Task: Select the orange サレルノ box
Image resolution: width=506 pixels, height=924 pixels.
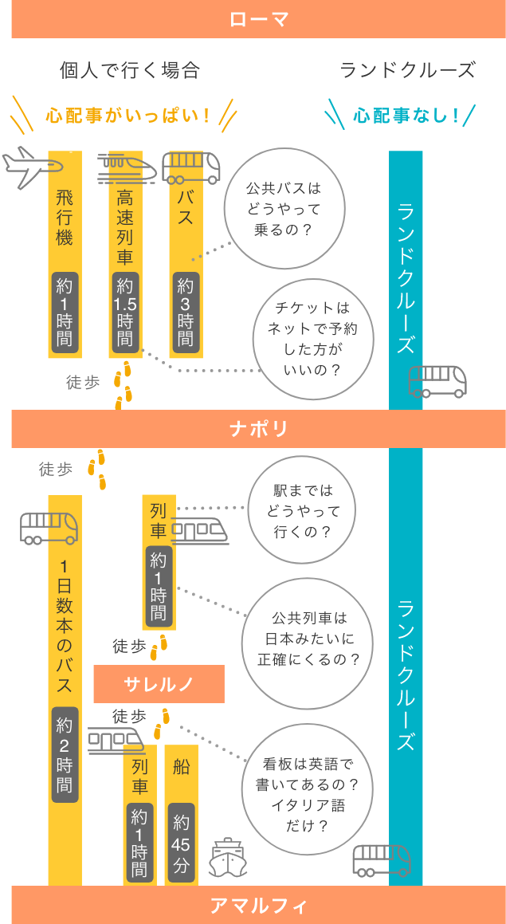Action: coord(159,683)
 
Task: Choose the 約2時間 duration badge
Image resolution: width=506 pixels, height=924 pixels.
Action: coord(65,753)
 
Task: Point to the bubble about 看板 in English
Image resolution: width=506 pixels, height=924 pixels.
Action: coord(307,794)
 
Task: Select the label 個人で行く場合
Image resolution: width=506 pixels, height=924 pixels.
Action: coord(129,70)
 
